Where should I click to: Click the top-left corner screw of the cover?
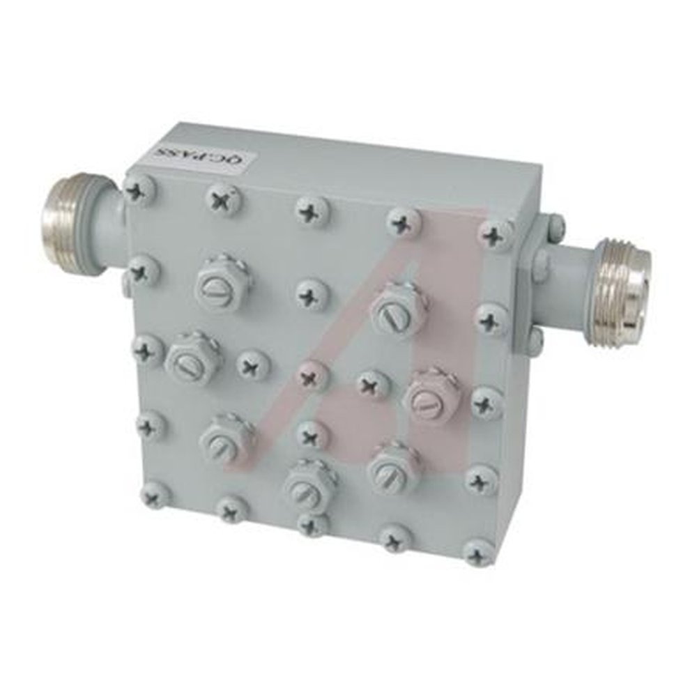(139, 190)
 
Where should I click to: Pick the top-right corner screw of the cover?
(496, 235)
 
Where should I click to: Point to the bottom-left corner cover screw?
(155, 495)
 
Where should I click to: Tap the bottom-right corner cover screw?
(478, 553)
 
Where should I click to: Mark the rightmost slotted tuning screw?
(432, 395)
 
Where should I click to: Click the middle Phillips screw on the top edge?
(312, 210)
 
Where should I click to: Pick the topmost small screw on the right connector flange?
(554, 224)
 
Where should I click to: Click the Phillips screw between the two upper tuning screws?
(312, 293)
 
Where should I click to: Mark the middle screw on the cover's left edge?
(148, 349)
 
